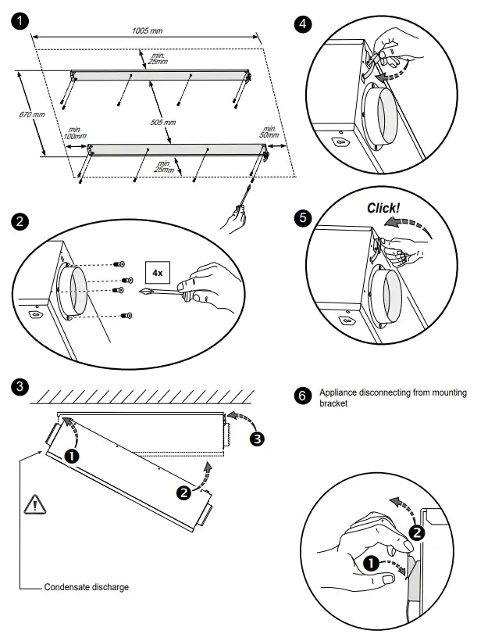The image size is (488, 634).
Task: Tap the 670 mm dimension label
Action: (x=30, y=115)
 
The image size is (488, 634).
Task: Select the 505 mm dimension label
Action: (x=164, y=122)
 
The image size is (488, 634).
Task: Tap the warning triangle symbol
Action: (x=35, y=503)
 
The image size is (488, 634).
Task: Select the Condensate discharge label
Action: (x=86, y=586)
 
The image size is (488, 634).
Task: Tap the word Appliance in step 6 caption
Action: (x=337, y=392)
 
